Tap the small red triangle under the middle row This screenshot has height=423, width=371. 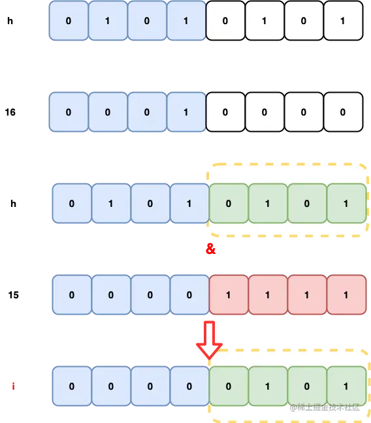(210, 249)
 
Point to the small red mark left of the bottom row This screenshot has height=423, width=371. (12, 386)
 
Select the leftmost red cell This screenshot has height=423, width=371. (229, 295)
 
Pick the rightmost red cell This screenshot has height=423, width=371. (346, 295)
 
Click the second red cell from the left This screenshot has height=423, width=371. (268, 295)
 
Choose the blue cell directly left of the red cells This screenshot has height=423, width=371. (189, 295)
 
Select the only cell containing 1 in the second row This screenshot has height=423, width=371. (186, 112)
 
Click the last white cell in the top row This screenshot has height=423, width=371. (343, 21)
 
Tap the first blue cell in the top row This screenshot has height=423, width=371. (69, 21)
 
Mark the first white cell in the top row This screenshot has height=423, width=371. (225, 21)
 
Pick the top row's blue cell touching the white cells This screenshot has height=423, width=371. (186, 21)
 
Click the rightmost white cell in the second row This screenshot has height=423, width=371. (343, 112)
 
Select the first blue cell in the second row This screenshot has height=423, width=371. (69, 112)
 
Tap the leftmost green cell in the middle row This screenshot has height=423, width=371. (229, 204)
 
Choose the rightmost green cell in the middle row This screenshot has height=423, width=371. (346, 204)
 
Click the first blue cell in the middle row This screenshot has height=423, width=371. (72, 204)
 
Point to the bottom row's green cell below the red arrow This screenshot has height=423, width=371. (229, 386)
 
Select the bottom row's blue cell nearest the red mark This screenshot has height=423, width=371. (72, 386)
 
